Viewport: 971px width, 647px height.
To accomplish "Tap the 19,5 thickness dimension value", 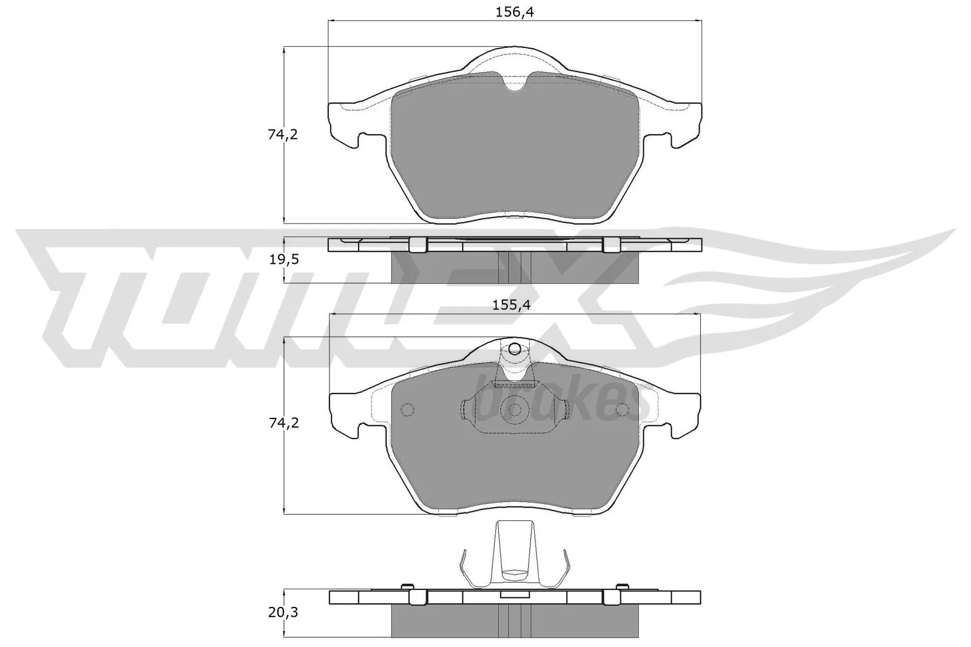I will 283,260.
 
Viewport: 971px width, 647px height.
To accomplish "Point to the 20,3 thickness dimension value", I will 283,612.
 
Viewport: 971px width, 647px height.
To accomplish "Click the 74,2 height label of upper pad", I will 283,135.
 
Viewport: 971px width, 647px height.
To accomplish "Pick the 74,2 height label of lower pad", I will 283,423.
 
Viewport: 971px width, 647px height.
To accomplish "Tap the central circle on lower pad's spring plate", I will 515,410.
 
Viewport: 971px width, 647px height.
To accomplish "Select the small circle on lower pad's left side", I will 407,410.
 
